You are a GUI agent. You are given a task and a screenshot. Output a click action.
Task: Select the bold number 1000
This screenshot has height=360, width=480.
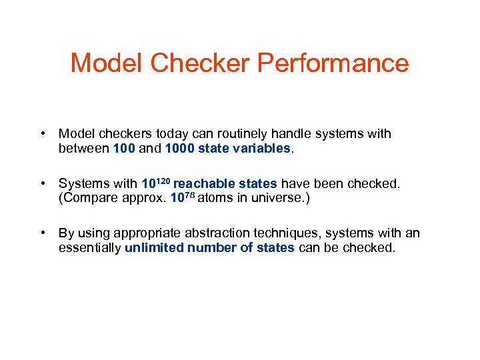[x=181, y=148]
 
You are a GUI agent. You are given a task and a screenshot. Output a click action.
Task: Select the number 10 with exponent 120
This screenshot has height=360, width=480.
[x=155, y=183]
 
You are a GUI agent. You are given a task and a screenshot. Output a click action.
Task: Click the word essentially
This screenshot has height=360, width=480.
[x=89, y=247]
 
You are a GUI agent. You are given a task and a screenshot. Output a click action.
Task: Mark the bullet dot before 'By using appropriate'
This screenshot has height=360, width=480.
[x=43, y=233]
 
